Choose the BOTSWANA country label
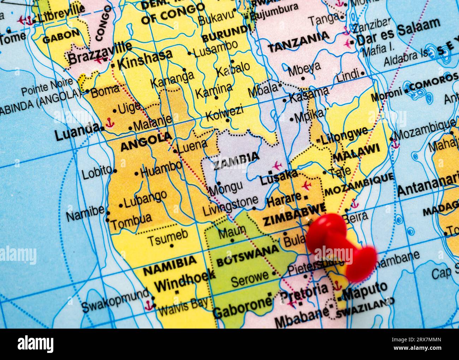(247, 256)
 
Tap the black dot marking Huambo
(137, 174)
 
